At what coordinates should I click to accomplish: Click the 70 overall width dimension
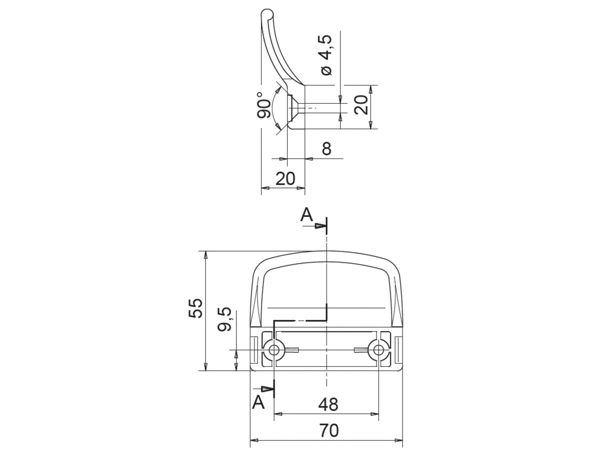329,430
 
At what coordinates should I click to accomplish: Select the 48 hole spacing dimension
328,404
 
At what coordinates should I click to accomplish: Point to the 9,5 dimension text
224,319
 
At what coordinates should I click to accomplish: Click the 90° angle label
265,105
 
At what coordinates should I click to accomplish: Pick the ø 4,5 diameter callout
326,55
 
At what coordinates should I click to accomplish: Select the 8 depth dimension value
327,148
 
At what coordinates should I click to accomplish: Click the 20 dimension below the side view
285,178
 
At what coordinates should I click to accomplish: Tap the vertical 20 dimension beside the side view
362,105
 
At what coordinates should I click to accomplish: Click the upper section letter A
307,214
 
